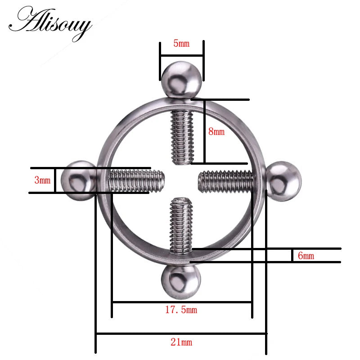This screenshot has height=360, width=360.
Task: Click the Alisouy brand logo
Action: click(x=53, y=23)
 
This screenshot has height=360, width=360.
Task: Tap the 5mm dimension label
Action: click(x=181, y=44)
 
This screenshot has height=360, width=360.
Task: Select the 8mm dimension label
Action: click(x=216, y=132)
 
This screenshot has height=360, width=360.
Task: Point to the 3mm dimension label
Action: click(x=43, y=180)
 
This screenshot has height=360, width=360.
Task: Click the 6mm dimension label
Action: click(x=306, y=256)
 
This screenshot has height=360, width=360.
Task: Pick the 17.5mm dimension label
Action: click(x=181, y=310)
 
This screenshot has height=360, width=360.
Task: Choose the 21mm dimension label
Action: click(x=181, y=342)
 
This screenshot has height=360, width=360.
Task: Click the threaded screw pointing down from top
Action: click(x=182, y=137)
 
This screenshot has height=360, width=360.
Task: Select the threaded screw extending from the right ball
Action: click(x=227, y=181)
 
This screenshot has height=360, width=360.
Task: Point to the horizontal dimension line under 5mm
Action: click(x=182, y=56)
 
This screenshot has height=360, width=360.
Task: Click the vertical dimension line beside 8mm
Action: click(x=204, y=131)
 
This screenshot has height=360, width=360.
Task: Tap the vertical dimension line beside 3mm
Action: click(x=55, y=180)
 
